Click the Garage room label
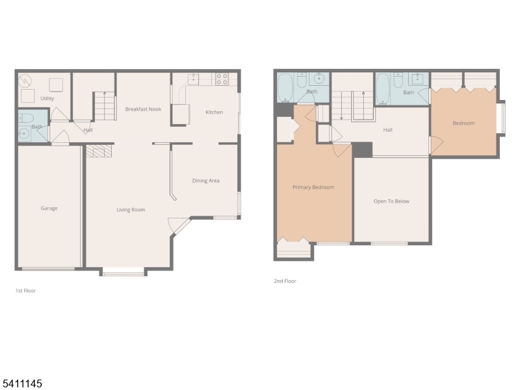49,209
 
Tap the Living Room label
131,209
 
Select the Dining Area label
205,181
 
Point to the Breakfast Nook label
143,109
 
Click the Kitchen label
214,112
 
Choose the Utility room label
47,98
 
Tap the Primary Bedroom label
313,187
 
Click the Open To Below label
391,201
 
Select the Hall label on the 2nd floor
387,130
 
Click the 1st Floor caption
25,291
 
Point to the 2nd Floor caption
285,281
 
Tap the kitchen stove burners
222,79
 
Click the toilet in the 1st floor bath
26,118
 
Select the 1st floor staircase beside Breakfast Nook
104,106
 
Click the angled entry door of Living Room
177,224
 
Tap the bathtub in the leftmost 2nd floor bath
285,88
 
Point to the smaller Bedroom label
463,123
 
